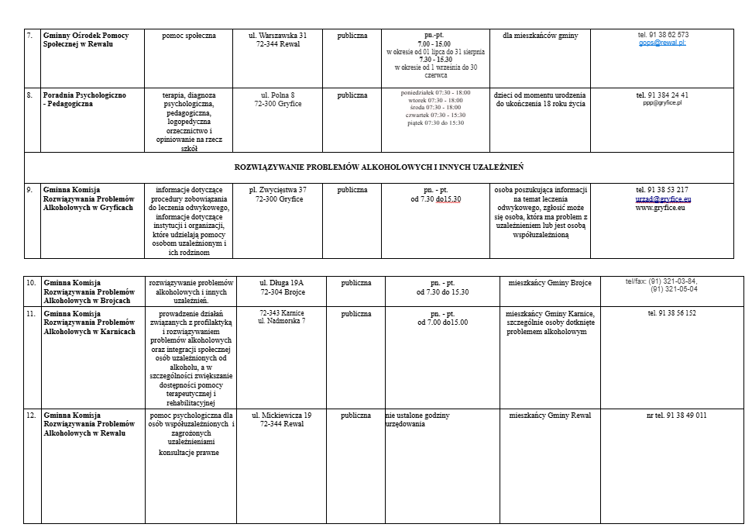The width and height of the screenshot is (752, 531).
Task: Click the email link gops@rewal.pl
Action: click(662, 43)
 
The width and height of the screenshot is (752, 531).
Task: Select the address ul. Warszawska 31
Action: click(277, 36)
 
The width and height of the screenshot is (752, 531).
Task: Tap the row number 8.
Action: click(29, 95)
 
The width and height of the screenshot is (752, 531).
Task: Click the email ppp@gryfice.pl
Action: click(662, 103)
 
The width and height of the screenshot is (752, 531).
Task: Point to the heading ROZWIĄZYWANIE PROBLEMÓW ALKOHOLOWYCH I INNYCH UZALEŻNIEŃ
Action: click(379, 167)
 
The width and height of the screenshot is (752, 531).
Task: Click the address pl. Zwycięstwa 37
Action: click(277, 190)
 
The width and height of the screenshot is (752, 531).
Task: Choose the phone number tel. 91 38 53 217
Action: click(662, 190)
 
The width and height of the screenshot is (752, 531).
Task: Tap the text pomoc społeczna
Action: click(189, 36)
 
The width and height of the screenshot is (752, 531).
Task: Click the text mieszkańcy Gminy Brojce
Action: click(550, 283)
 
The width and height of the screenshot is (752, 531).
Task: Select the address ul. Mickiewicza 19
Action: click(281, 415)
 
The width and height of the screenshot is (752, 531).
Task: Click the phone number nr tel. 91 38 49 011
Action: click(676, 415)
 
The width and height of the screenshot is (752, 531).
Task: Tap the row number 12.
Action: click(31, 415)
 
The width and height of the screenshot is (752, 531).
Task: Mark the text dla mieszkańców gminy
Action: click(540, 36)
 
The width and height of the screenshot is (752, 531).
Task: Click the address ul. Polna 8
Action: click(277, 95)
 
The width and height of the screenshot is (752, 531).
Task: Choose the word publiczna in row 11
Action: click(355, 314)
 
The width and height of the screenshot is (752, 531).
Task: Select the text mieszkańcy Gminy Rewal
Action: click(550, 415)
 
